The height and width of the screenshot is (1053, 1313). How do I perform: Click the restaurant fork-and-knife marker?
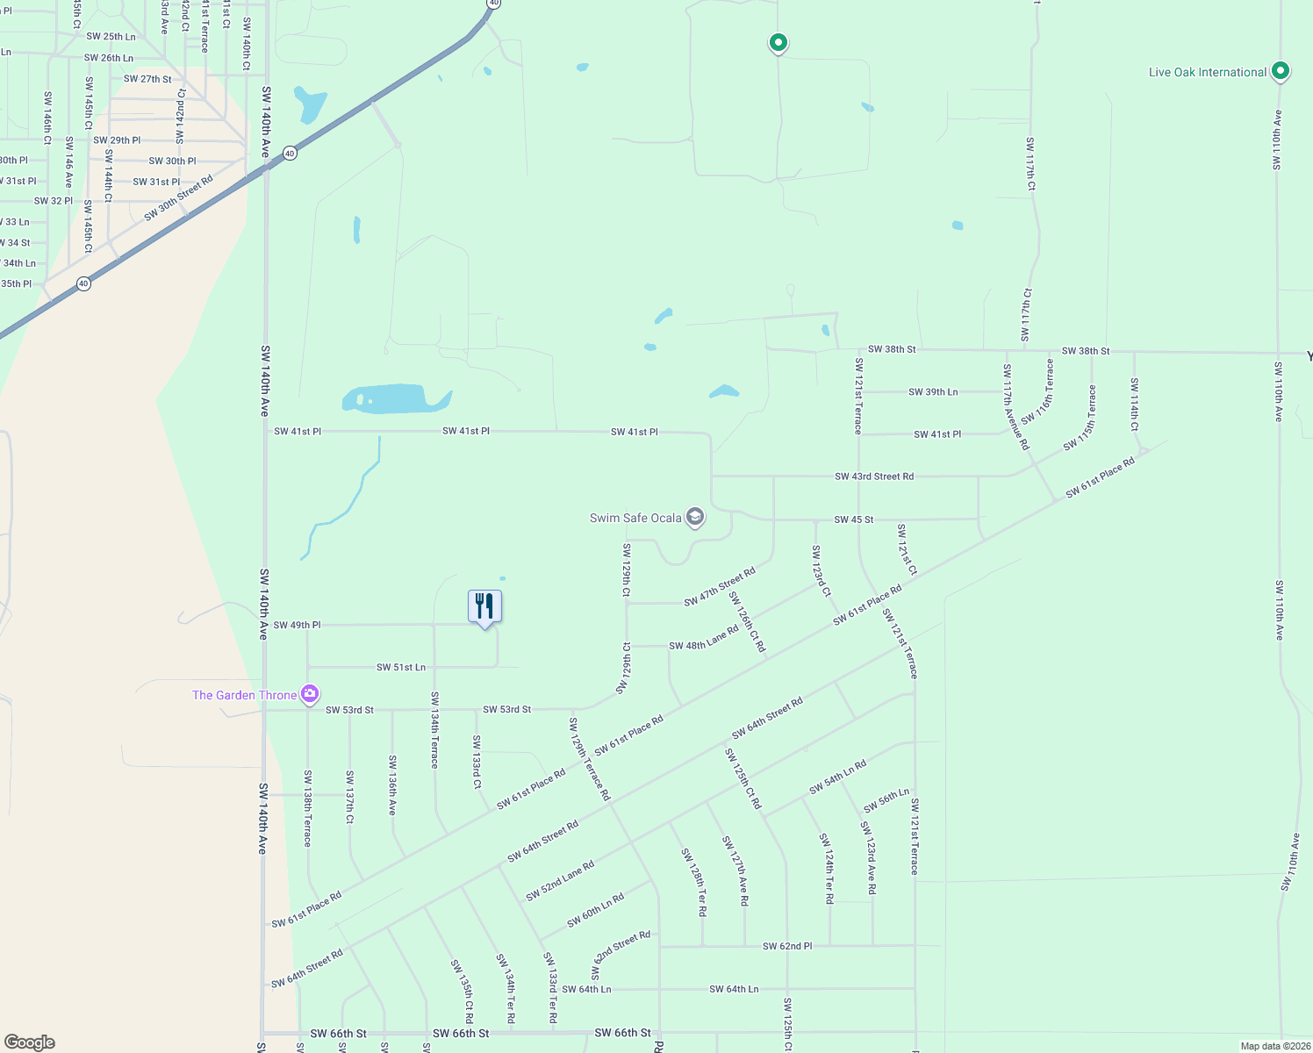coord(484,606)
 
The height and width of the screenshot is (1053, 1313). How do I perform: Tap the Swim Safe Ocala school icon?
coord(695,517)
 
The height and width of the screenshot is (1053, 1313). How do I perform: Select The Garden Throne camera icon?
coord(309,694)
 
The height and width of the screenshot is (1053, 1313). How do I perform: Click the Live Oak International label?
coord(1207,72)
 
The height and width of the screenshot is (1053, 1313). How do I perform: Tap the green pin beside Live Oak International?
coord(1280,71)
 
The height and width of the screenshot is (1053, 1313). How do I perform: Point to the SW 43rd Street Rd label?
coord(873,476)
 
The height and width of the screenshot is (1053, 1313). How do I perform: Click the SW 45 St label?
coord(853,519)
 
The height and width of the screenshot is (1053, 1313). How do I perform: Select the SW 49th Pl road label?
coord(297,625)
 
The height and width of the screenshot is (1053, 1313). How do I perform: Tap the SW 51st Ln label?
coord(400,668)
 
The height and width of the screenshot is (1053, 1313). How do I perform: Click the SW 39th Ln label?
coord(932,392)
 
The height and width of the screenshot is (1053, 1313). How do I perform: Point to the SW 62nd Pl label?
coord(786,946)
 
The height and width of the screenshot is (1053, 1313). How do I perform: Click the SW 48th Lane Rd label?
coord(704,638)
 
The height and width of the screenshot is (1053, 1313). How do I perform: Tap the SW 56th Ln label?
coord(886,801)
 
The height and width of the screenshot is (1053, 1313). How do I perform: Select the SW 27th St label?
coord(147,79)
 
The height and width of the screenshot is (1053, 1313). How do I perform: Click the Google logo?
coord(29,1042)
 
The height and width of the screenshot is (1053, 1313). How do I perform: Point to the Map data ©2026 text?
coord(1275,1046)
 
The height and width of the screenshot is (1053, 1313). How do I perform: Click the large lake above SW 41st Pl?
coord(396,398)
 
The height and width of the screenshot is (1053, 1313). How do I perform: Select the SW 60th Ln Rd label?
coord(595,910)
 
